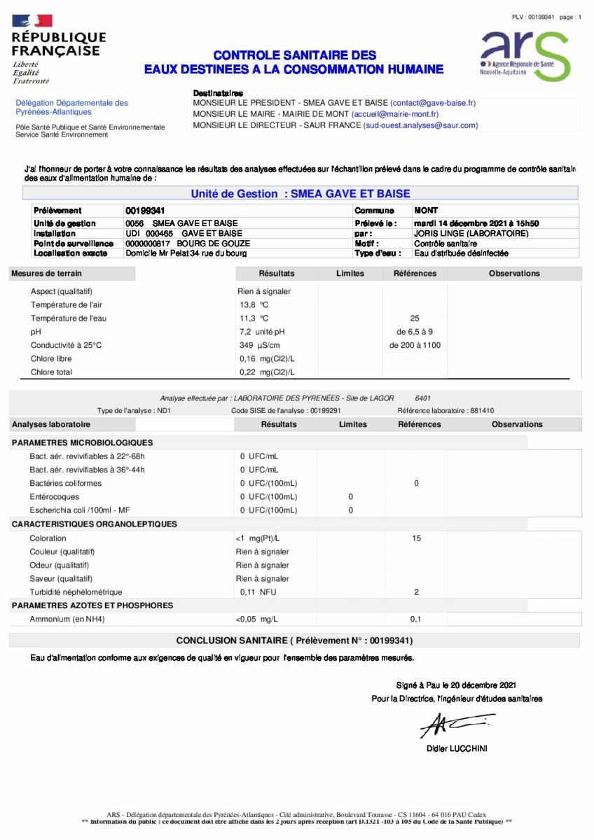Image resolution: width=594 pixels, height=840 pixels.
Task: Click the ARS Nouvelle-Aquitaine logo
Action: point(525,55)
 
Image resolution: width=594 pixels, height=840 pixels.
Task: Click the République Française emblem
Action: point(32,21)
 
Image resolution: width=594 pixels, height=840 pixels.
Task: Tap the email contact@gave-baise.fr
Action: point(433,103)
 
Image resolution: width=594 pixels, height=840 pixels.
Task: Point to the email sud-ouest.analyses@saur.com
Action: point(420,125)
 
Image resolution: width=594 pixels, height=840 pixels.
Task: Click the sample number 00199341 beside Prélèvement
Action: point(145,211)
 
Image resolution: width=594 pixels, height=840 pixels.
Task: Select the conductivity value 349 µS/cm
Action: point(260,345)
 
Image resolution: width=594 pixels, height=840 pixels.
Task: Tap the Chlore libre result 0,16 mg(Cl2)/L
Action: point(266,359)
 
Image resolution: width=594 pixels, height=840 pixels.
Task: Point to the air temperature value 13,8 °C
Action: point(254,305)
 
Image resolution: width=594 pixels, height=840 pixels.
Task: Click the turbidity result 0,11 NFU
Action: point(254,592)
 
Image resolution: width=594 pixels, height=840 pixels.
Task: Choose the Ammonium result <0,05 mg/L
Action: point(256,619)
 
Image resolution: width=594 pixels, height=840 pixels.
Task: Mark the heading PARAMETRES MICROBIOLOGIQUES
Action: point(82,442)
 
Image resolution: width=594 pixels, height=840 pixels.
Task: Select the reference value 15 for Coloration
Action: point(416,538)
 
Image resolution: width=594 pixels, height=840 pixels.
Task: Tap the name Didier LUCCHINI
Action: point(457,749)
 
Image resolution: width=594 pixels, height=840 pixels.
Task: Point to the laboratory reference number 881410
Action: point(482,411)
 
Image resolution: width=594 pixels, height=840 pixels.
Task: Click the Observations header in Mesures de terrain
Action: point(514,274)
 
